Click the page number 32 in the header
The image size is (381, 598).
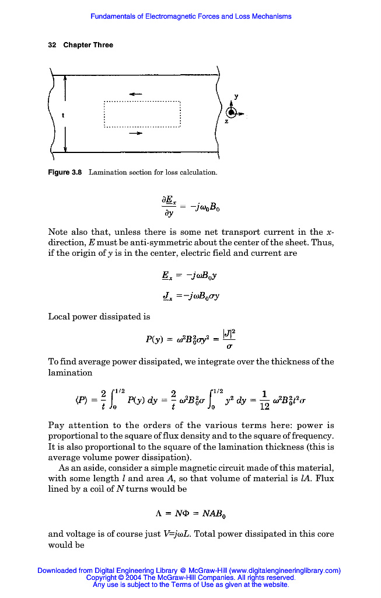pos(51,45)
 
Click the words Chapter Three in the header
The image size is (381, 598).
pos(88,45)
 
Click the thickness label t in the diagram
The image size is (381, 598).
pos(62,115)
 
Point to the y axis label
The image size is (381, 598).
pos(236,95)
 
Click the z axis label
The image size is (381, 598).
pos(226,121)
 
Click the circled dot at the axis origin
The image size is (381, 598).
pos(232,113)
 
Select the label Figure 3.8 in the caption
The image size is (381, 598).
pos(65,172)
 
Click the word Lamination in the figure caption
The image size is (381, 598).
pos(108,172)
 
